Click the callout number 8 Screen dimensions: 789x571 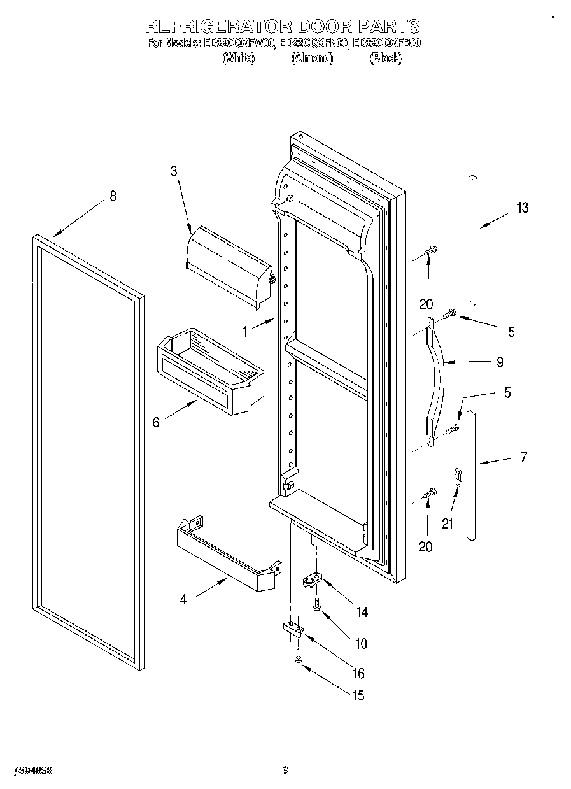[113, 197]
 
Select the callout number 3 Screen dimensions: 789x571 [173, 171]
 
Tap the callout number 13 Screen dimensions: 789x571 [523, 208]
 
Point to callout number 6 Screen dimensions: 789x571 [156, 422]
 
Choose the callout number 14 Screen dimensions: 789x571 [362, 613]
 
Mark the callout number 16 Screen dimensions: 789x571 [358, 674]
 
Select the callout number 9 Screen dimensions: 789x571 [500, 362]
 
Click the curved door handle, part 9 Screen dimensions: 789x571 [436, 382]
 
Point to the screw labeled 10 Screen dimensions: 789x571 [316, 606]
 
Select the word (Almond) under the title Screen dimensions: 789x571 [312, 59]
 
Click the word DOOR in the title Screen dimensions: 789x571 [325, 27]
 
